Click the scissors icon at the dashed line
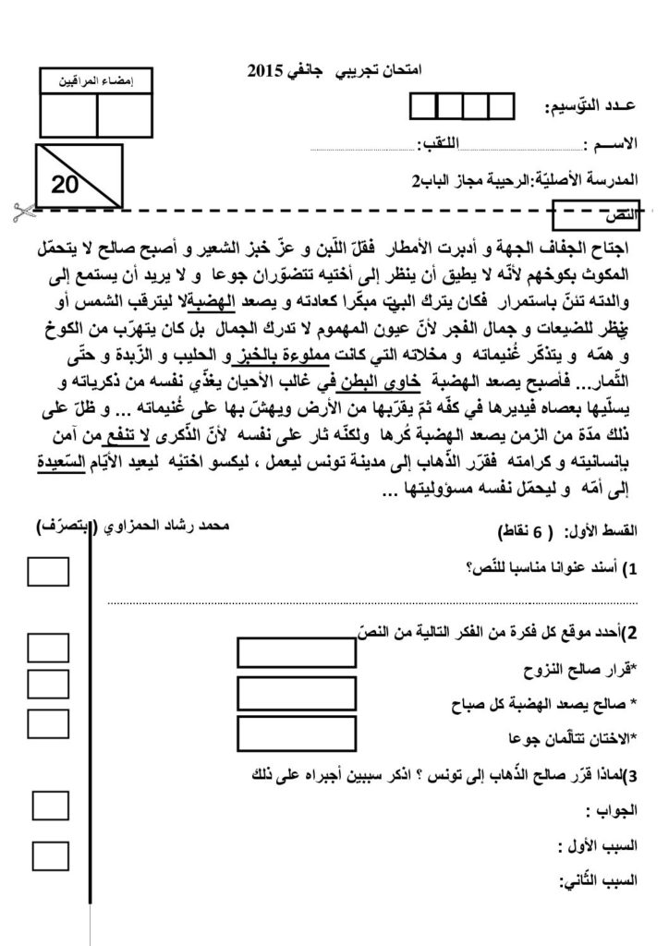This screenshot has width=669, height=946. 18,211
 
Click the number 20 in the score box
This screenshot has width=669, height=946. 66,185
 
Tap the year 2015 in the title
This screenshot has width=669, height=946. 269,69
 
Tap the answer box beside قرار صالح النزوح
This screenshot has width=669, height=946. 297,653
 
